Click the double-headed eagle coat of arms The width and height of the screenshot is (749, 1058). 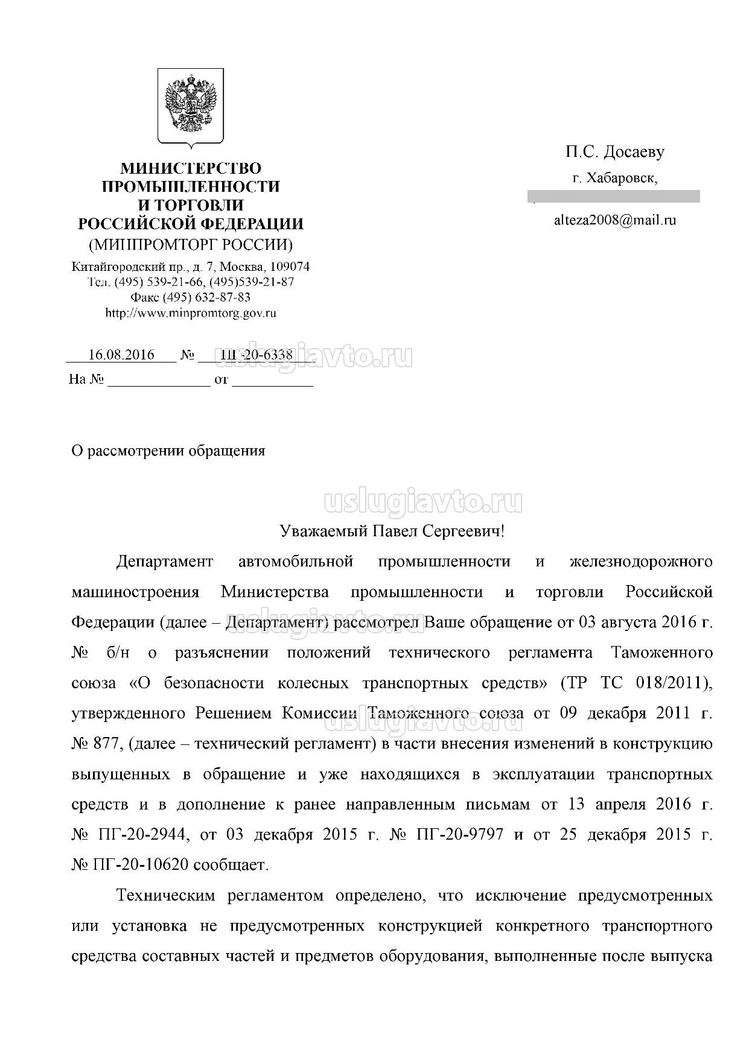point(191,106)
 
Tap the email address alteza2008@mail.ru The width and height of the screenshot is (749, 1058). point(614,220)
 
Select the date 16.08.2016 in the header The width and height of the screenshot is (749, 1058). point(121,355)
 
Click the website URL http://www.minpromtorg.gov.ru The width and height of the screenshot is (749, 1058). point(191,313)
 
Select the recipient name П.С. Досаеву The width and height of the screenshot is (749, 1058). point(614,152)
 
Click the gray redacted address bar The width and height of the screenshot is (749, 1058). point(613,196)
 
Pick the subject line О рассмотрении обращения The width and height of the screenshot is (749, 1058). point(168,451)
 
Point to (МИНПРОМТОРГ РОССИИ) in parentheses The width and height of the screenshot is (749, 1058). point(191,245)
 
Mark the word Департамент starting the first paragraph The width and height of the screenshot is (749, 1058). point(165,562)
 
